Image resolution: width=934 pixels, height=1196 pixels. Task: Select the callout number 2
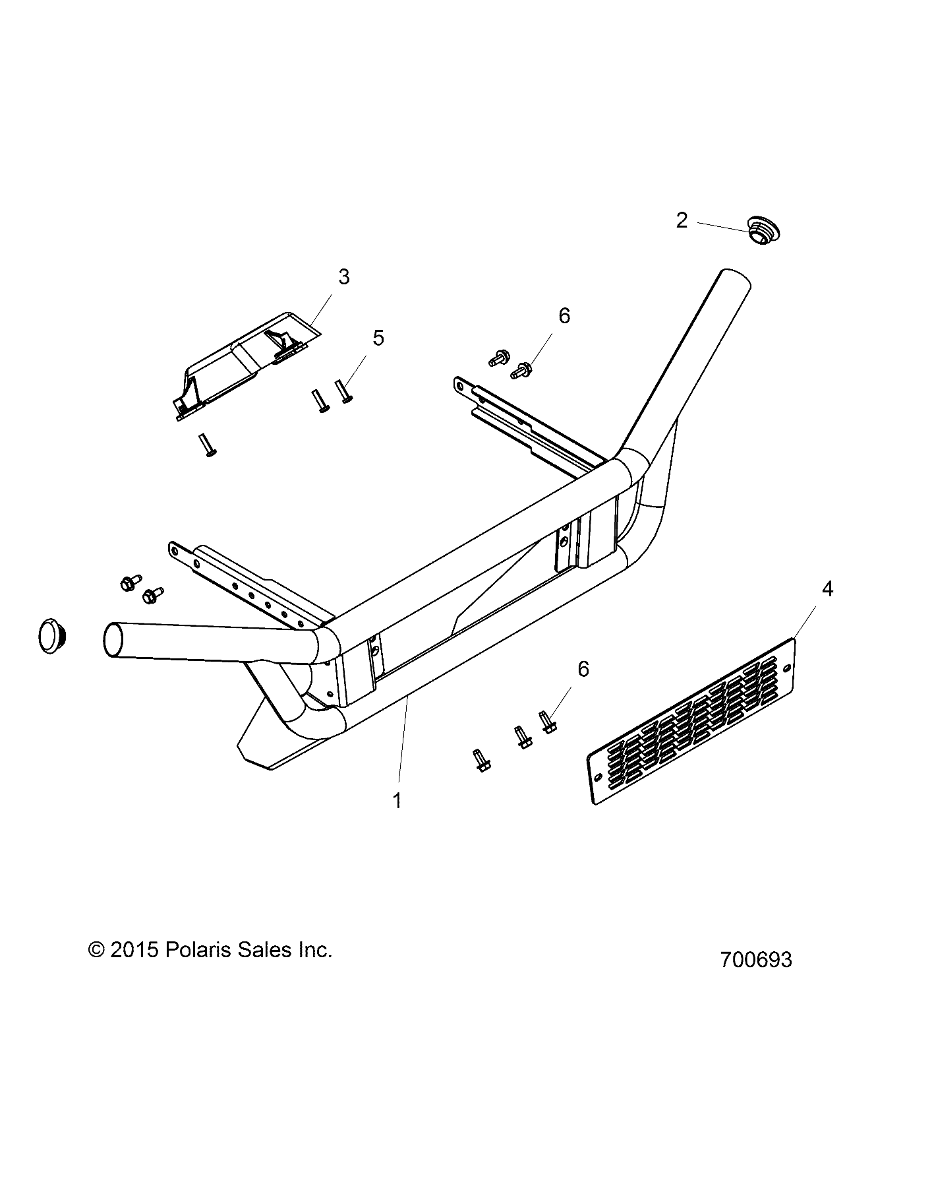click(682, 220)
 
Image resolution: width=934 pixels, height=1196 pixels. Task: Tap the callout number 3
click(343, 276)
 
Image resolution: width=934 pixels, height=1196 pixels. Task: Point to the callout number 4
click(827, 588)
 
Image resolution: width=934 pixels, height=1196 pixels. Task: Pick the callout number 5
click(378, 337)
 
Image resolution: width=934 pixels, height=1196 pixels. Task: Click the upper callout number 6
click(564, 316)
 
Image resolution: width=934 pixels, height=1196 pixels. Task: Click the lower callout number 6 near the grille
click(583, 669)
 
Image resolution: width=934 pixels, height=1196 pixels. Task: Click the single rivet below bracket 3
click(207, 445)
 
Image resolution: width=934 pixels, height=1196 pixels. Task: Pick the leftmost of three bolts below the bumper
click(481, 760)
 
